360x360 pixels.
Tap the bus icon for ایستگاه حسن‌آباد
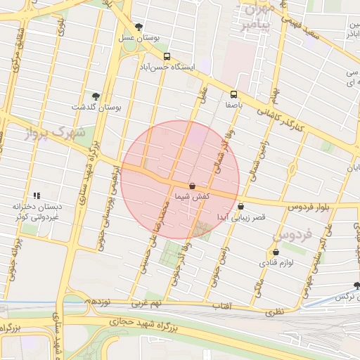pos(167,57)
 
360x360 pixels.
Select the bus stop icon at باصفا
pos(233,94)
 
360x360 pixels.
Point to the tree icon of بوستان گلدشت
pos(96,96)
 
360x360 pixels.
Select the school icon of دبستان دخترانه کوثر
pos(36,195)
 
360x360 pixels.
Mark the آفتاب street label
pos(221,307)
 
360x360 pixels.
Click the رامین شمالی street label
pos(256,162)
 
